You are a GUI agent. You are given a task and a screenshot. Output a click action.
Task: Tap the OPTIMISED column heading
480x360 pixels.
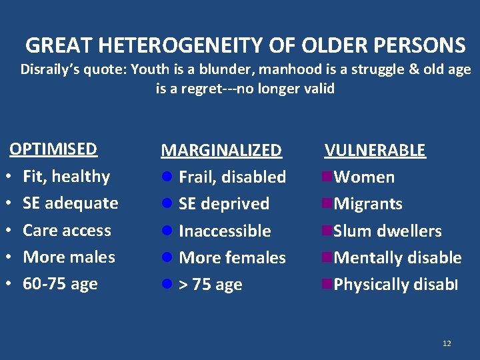coord(53,149)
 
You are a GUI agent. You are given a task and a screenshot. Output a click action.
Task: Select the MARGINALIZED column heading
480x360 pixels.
coord(221,150)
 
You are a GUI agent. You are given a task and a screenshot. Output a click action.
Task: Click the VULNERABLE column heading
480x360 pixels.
coord(375,150)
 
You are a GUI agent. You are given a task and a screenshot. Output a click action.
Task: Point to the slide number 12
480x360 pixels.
coord(447,343)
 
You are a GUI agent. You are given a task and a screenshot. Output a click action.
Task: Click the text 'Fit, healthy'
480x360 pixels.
coord(66,177)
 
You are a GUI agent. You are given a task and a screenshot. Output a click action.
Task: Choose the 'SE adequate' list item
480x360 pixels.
coord(70,203)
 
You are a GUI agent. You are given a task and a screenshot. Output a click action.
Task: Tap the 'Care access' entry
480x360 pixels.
coord(67,231)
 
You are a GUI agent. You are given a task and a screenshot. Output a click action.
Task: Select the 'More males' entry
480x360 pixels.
coord(69,257)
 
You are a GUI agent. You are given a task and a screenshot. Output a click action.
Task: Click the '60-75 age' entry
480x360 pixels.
coord(60,284)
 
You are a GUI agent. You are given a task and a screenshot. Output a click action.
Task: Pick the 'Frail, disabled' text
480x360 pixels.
coord(232,177)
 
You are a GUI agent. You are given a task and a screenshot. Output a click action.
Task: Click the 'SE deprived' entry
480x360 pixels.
coord(224,204)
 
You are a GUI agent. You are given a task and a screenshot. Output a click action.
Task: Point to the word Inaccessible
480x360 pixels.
coord(225,231)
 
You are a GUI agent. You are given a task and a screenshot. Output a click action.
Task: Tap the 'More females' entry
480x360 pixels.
coord(232,258)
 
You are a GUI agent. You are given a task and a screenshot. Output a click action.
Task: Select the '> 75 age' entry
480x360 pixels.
coord(211,285)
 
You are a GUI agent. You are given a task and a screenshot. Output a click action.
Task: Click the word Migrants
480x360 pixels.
coord(368,204)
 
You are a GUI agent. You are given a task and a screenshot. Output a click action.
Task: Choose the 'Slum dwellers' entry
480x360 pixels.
coord(387,231)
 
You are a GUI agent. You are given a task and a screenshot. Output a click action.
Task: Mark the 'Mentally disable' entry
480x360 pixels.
coord(397,258)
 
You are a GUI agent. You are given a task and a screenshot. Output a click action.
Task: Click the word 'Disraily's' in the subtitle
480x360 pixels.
coord(51,69)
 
